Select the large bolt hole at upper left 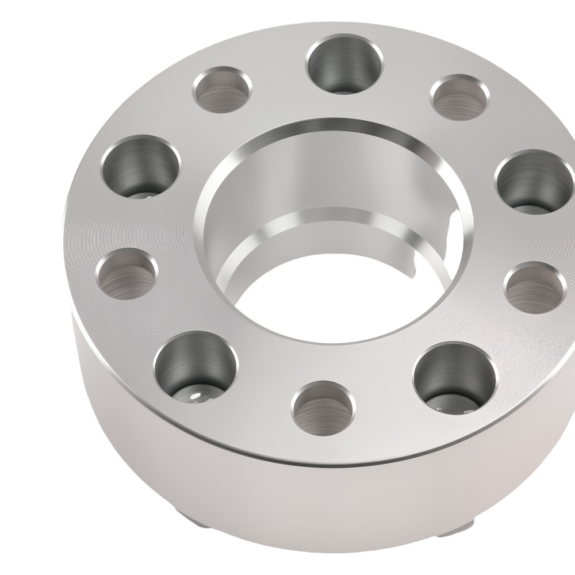pos(140,167)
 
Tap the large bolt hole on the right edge pos(534,181)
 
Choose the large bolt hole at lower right pos(454,377)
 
